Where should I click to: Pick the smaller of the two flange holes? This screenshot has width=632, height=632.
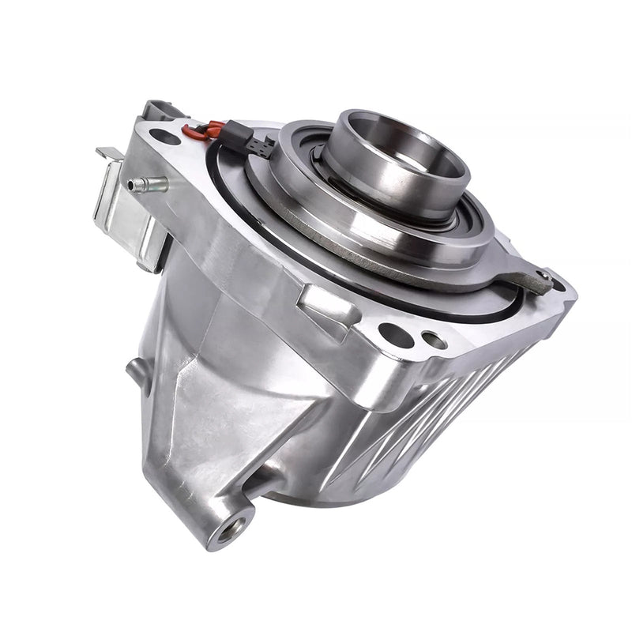coord(434,341)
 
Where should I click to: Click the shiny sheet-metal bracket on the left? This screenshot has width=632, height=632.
coord(126,213)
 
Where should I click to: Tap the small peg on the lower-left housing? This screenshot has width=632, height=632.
coord(136,371)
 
